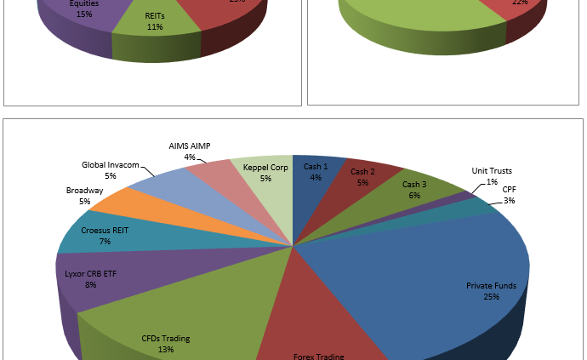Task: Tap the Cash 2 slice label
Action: coord(362,178)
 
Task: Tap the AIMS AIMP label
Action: coord(190,151)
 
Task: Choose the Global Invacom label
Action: coord(111,170)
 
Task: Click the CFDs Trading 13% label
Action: coord(165,344)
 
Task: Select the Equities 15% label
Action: coord(84,9)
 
